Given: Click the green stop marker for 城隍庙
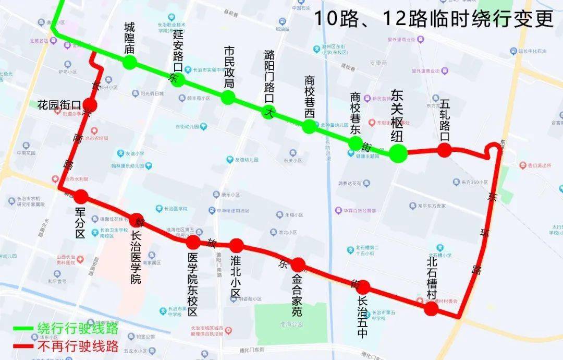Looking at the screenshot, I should point(130,63).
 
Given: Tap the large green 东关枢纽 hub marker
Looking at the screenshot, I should point(398,153).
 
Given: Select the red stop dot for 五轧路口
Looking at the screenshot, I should point(444,150).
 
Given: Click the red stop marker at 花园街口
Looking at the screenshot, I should point(90,105).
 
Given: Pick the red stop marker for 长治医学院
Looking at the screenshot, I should point(137,220).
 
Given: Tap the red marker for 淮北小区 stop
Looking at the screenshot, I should point(236,245).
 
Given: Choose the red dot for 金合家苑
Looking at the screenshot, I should point(298,265).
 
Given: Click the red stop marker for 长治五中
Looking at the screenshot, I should point(363,286).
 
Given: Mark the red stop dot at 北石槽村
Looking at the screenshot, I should point(431,309).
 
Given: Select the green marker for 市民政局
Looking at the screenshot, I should point(228,97).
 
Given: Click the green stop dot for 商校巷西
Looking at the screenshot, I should point(309,126).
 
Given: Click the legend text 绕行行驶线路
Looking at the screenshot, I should point(77,329).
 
